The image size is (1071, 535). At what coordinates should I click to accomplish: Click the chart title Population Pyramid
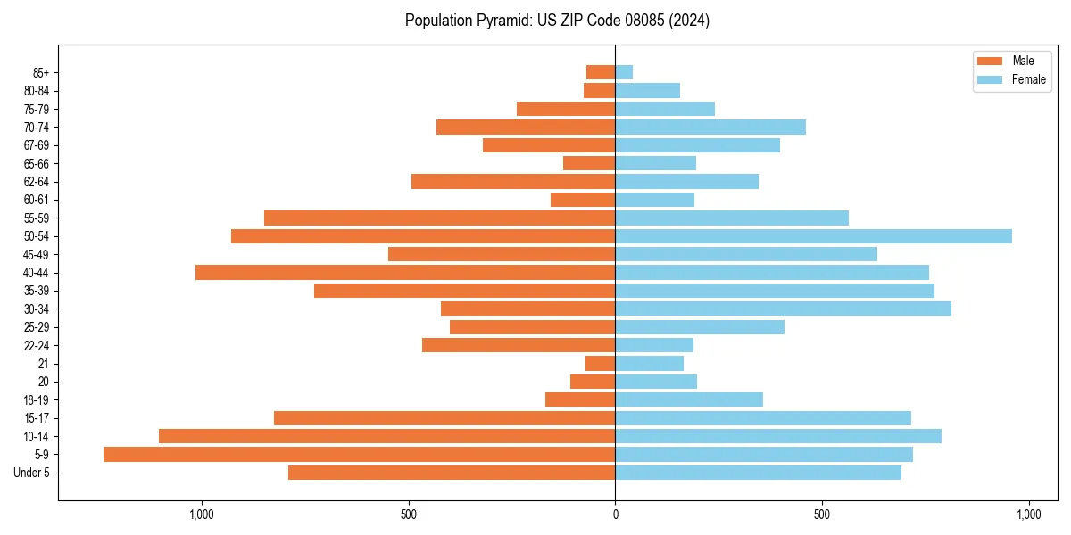tap(557, 21)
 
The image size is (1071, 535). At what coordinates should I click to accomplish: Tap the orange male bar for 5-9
tap(359, 455)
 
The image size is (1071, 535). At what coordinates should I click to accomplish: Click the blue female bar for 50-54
tap(813, 236)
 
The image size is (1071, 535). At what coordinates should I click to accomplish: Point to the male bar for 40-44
tap(405, 273)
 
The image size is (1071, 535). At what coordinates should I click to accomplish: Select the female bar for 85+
tap(624, 72)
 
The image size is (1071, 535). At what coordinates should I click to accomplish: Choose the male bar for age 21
tap(600, 364)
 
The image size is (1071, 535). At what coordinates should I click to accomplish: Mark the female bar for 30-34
tap(783, 309)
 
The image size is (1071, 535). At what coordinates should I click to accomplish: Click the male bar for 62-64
tap(513, 182)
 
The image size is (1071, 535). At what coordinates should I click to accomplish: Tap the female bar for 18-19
tap(689, 399)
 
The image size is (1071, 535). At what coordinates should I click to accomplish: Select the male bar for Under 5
tap(452, 473)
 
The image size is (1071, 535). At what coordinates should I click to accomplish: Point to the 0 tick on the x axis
tap(615, 514)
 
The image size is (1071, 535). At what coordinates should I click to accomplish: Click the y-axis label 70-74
tap(37, 128)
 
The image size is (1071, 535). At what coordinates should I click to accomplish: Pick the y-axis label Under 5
tap(32, 473)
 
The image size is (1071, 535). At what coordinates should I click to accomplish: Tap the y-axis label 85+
tap(40, 72)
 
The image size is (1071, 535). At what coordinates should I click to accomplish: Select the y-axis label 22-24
tap(37, 345)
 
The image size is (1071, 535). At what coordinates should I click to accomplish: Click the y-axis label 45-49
tap(37, 254)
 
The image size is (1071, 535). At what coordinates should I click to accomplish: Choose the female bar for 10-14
tap(778, 436)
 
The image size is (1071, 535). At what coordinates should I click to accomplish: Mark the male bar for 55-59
tap(439, 218)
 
